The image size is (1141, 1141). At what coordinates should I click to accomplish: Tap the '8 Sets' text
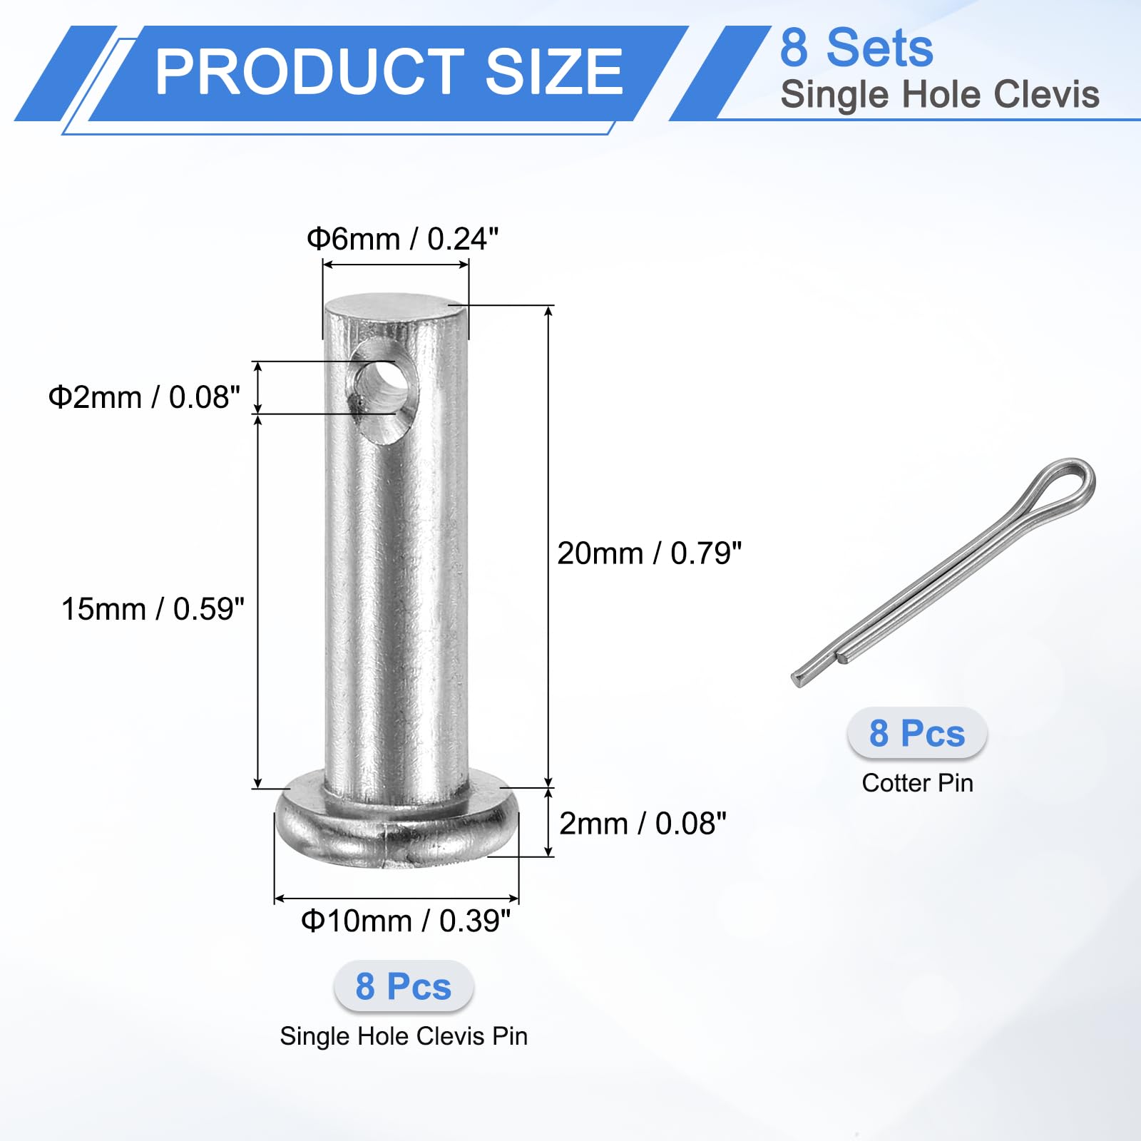(x=856, y=48)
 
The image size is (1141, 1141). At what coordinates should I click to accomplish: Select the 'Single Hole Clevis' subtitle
(x=940, y=94)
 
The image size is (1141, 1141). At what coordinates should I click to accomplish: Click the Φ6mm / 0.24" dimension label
(x=402, y=239)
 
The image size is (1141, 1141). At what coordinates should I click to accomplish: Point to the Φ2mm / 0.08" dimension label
(x=144, y=397)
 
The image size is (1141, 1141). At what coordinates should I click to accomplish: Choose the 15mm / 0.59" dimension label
(x=153, y=609)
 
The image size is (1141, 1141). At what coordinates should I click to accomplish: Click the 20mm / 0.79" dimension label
(x=650, y=553)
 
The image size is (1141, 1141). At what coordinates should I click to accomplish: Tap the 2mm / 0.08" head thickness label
(x=643, y=824)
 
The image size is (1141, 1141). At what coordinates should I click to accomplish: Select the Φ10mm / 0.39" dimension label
(x=406, y=921)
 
